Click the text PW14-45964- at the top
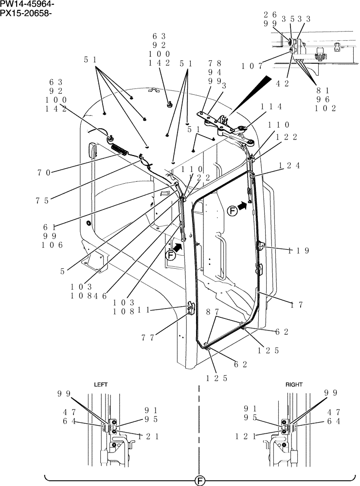coord(27,4)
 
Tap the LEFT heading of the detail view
coord(100,384)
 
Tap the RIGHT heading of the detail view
coord(294,384)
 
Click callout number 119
coord(299,251)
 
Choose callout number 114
coord(271,107)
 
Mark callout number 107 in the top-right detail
coord(252,65)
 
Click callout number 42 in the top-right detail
coord(282,83)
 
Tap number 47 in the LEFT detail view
coord(69,412)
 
